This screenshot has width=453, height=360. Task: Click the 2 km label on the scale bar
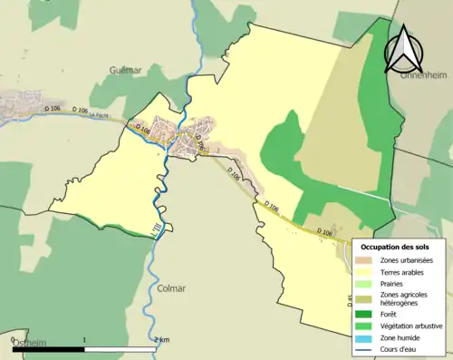pyautogui.click(x=161, y=340)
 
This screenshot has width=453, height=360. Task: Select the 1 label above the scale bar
pyautogui.click(x=84, y=340)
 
